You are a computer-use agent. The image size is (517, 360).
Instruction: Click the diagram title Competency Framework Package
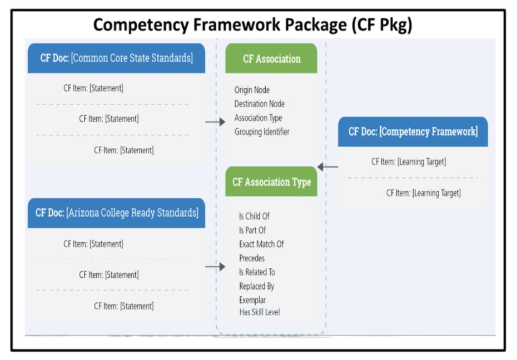(x=252, y=25)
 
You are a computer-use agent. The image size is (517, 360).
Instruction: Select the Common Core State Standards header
(x=116, y=58)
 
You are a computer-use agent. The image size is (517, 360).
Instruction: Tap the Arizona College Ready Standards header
(x=116, y=213)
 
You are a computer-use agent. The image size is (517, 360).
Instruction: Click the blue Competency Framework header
(x=412, y=132)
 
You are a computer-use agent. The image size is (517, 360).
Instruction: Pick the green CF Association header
(x=271, y=59)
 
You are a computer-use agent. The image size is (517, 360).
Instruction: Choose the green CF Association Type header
(x=271, y=182)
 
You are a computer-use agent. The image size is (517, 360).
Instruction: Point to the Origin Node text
(x=252, y=90)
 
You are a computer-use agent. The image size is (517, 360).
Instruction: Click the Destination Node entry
(x=259, y=104)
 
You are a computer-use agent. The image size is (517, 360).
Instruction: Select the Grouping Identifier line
(x=262, y=132)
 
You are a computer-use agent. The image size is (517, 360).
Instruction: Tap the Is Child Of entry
(x=254, y=216)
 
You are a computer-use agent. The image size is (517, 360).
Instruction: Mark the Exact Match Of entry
(x=261, y=244)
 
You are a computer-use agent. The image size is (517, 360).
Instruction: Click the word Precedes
(x=252, y=258)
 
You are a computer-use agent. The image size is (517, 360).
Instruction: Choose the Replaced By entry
(x=256, y=286)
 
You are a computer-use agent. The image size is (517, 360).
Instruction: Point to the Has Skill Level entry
(x=260, y=312)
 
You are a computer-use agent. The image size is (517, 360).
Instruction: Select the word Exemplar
(x=252, y=300)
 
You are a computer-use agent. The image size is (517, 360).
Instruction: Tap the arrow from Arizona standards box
(x=215, y=267)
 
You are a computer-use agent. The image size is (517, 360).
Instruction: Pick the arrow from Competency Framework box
(x=327, y=167)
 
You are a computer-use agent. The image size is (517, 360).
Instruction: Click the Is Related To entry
(x=257, y=272)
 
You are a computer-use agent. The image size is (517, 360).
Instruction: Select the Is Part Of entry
(x=252, y=230)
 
